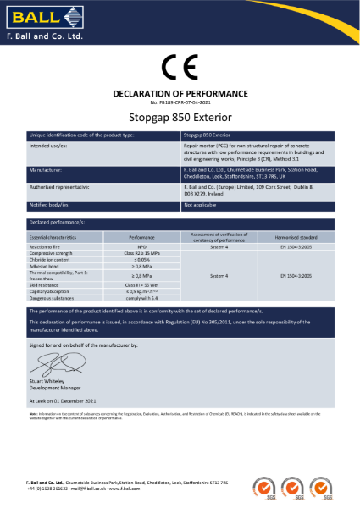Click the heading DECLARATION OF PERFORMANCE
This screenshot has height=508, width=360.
click(x=180, y=92)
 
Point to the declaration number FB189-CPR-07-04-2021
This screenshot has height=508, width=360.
click(x=180, y=101)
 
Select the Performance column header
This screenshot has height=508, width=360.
click(x=141, y=239)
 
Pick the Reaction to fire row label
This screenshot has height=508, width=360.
click(x=51, y=247)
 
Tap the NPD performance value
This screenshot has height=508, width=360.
click(x=141, y=247)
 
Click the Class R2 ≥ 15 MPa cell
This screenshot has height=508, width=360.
click(x=141, y=253)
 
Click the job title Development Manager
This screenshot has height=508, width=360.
click(x=58, y=389)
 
